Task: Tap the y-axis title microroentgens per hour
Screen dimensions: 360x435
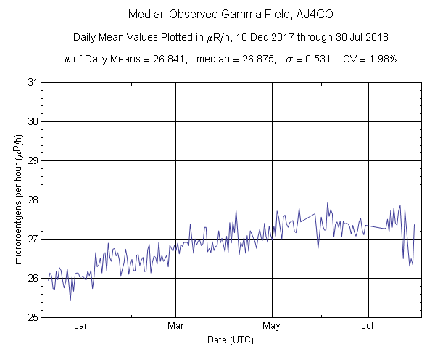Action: point(17,200)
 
